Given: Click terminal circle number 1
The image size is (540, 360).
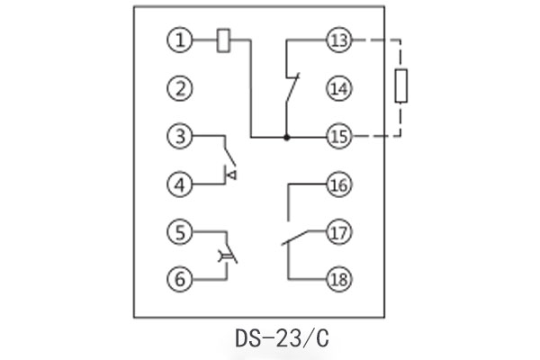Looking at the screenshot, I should (x=180, y=40).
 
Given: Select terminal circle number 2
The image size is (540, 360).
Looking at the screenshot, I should (x=180, y=89).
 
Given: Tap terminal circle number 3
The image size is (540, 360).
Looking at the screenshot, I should (x=180, y=137).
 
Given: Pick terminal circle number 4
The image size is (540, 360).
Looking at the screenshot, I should (x=180, y=185).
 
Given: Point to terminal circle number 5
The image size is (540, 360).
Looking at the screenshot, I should (x=180, y=231).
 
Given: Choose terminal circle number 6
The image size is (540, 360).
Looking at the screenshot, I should (x=180, y=279).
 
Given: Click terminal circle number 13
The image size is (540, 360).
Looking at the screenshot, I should (x=338, y=40).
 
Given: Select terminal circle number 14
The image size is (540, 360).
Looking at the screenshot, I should (x=338, y=89).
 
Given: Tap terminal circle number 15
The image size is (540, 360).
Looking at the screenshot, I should (x=338, y=137).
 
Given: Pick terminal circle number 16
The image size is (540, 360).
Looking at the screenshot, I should (x=338, y=185).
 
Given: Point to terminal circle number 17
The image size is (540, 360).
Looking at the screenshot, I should (x=338, y=231).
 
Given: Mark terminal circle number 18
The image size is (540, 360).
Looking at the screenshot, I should (x=338, y=279).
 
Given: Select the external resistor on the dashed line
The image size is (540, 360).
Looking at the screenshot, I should (x=402, y=87).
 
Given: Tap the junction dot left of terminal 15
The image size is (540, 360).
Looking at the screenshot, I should (x=287, y=137).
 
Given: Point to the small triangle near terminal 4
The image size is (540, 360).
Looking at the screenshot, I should (x=230, y=174).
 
